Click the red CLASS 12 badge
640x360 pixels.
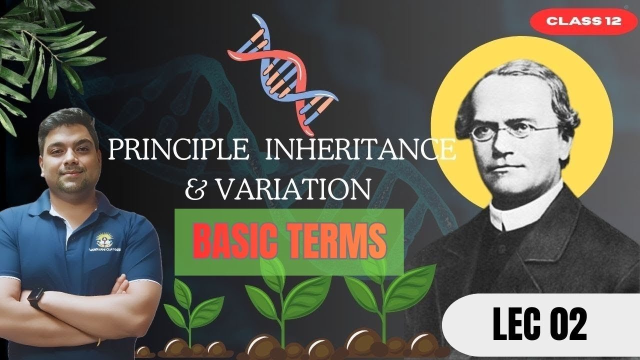coord(583,21)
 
